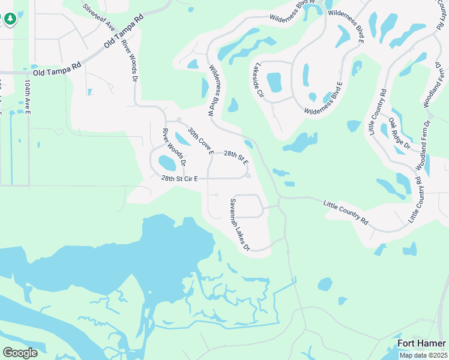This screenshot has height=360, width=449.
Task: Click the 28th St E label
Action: pos(236,158)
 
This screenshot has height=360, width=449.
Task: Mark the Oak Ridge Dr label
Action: pos(399,133)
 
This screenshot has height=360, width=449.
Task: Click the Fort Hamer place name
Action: pos(422,343)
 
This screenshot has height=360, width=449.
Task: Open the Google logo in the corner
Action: pos(20,353)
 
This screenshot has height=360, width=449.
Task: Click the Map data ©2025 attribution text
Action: pos(423,355)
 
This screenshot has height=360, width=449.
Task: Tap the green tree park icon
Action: pos(10,19)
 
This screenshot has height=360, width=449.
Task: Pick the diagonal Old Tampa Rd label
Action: pos(125,32)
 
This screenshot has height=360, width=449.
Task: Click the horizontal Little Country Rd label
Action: pos(346,212)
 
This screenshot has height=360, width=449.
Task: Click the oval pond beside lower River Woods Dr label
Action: pos(167,162)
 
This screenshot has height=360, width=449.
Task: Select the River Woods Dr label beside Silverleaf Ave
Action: pos(129,61)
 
